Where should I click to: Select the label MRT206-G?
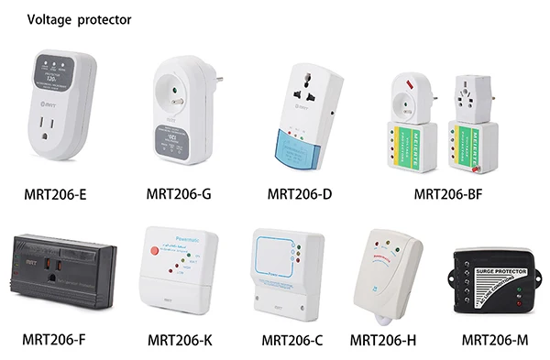180,193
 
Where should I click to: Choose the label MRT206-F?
54,340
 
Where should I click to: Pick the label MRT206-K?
180,341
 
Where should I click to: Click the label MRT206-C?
293,341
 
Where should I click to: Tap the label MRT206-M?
495,340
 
